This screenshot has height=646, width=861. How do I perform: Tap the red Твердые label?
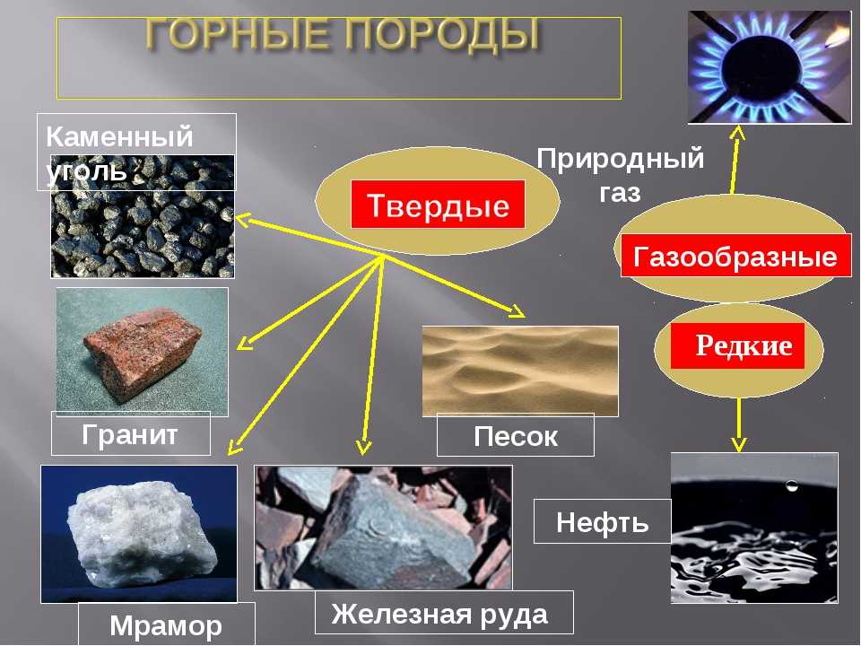pos(438,205)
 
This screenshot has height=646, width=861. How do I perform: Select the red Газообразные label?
pos(735,256)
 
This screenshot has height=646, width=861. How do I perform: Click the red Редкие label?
pos(737,345)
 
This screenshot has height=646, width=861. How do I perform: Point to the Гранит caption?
pos(130,434)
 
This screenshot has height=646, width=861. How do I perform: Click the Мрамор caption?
pos(166,625)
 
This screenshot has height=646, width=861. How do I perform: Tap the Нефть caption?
pos(603,521)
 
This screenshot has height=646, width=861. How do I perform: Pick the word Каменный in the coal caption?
pos(119,135)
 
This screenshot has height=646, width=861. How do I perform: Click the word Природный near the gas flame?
pos(621,159)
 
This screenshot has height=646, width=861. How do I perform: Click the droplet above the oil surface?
pos(791,485)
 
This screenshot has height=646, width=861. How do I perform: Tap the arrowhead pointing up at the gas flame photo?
pos(738,133)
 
